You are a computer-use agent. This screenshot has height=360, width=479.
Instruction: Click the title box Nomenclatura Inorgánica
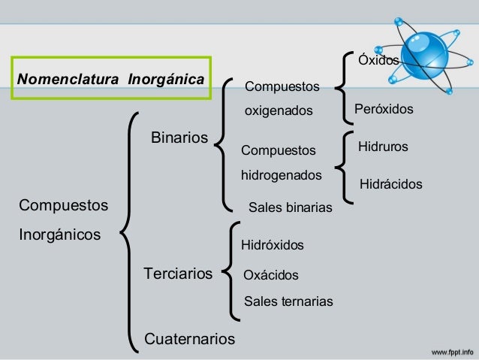[111, 78]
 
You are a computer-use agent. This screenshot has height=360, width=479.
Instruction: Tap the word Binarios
[179, 138]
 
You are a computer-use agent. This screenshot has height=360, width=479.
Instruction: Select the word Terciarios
[178, 273]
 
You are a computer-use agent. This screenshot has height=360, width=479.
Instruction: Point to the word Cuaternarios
[189, 339]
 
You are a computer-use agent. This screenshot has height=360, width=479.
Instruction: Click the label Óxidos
[378, 60]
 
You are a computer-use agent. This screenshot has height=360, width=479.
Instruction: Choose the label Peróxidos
[384, 110]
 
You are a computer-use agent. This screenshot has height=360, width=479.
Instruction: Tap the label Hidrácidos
[391, 183]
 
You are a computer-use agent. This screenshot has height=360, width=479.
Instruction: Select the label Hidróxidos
[272, 245]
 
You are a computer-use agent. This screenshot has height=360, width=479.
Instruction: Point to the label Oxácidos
[271, 276]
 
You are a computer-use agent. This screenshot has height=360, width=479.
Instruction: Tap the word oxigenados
[279, 111]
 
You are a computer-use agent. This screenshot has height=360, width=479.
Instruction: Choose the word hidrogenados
[281, 175]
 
